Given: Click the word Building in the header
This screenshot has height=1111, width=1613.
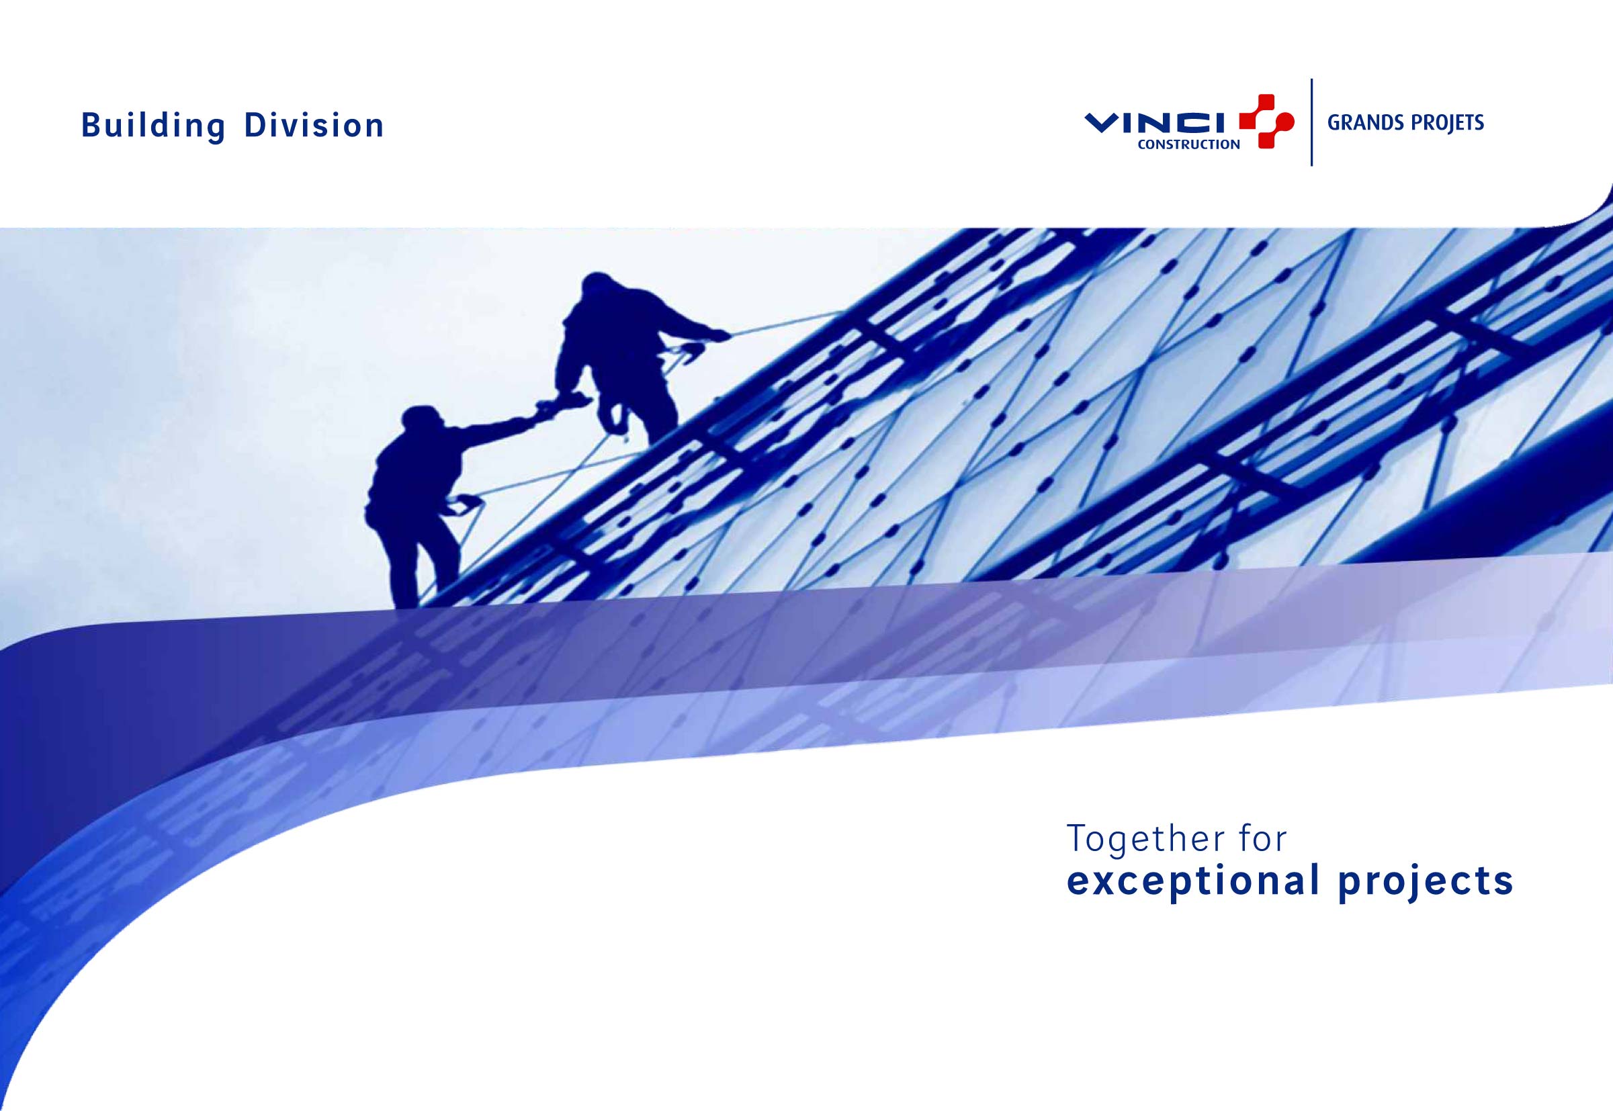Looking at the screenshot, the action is click(153, 127).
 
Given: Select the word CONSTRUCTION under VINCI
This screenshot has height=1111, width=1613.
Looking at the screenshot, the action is click(1188, 145).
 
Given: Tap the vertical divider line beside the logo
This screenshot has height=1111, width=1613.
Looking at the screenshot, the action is click(1311, 122).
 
